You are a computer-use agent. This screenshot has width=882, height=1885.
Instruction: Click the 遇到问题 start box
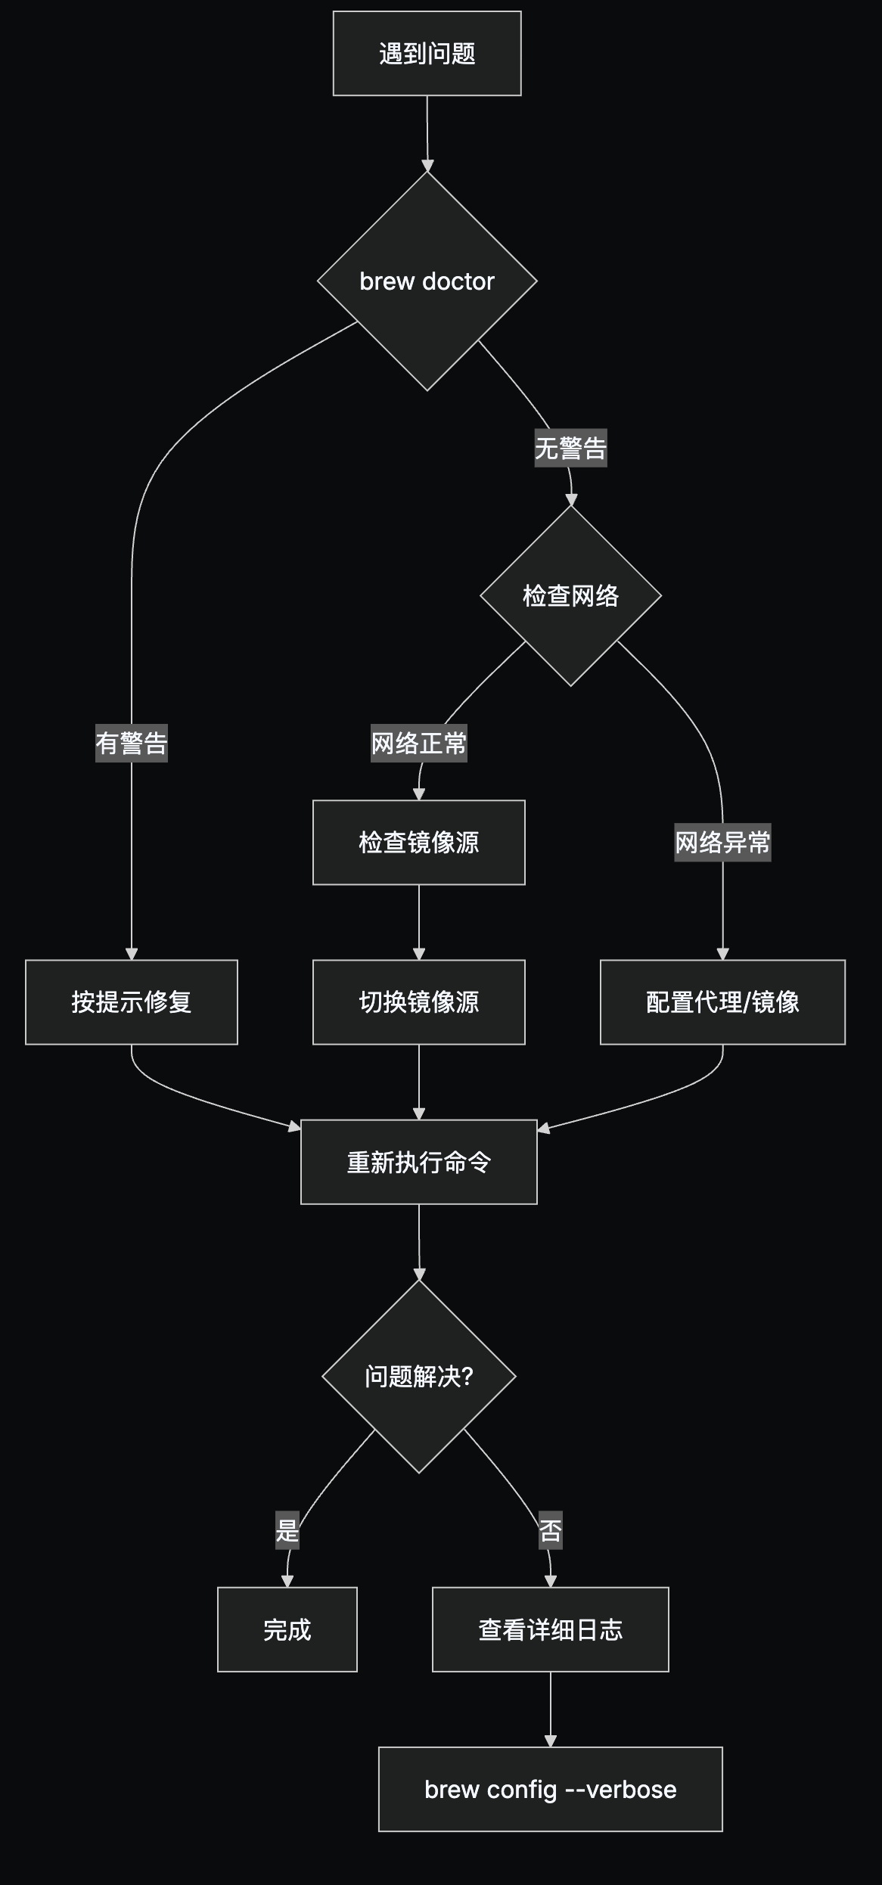pos(427,54)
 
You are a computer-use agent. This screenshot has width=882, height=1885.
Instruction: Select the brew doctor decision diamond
pos(427,281)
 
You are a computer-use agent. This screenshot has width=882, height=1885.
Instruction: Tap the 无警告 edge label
pos(570,449)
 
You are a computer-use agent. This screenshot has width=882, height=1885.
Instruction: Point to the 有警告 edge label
pos(132,743)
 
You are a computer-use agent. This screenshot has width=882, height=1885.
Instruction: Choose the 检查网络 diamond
pos(570,596)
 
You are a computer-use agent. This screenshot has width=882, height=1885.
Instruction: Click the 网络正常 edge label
pos(418,743)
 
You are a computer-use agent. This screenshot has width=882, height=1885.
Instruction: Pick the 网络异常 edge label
pos(722,842)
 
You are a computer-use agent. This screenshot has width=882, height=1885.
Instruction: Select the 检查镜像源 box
pos(418,843)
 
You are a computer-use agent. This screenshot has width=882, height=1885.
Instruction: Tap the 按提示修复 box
pos(132,1002)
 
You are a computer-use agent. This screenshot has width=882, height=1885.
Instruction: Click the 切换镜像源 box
pos(418,1002)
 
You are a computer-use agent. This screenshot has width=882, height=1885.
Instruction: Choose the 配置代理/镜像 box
pos(722,1002)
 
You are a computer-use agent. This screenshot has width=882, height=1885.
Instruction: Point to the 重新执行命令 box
pos(418,1162)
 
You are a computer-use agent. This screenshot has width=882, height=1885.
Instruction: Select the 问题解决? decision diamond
pos(418,1377)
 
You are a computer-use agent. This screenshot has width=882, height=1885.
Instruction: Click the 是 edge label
pos(287,1530)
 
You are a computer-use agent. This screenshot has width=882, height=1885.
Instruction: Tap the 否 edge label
pos(550,1530)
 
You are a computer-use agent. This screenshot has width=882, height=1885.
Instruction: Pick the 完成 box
pos(287,1629)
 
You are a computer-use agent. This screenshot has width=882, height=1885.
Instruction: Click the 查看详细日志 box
pos(550,1629)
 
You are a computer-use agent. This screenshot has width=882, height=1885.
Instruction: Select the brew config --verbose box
pos(550,1789)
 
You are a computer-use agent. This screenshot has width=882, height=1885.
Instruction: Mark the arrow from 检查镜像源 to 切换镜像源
pos(418,922)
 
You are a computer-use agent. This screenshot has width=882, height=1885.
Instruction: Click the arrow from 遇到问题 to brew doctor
pos(427,134)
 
